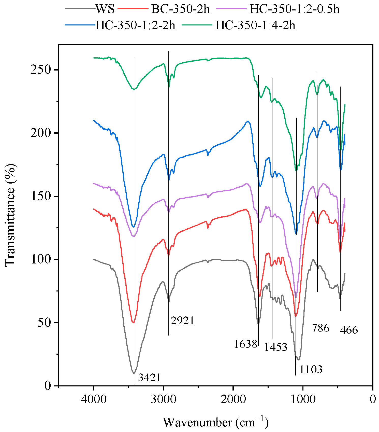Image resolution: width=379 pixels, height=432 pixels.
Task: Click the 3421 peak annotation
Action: pyautogui.click(x=149, y=378)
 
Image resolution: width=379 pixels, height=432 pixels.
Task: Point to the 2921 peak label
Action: pyautogui.click(x=182, y=320)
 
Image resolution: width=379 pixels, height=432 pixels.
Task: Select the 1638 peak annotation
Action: pyautogui.click(x=245, y=344)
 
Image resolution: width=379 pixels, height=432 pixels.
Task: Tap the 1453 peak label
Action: pyautogui.click(x=276, y=347)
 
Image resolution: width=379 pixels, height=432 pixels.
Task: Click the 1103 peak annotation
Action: pyautogui.click(x=311, y=369)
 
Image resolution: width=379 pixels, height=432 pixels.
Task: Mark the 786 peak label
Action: pyautogui.click(x=320, y=328)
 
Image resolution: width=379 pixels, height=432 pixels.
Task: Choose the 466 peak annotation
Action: pyautogui.click(x=349, y=330)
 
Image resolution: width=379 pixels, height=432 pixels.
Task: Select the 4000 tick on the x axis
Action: pyautogui.click(x=94, y=399)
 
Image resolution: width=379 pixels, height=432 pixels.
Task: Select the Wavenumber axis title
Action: pyautogui.click(x=215, y=422)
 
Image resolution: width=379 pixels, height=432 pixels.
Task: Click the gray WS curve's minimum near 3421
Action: pyautogui.click(x=134, y=373)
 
